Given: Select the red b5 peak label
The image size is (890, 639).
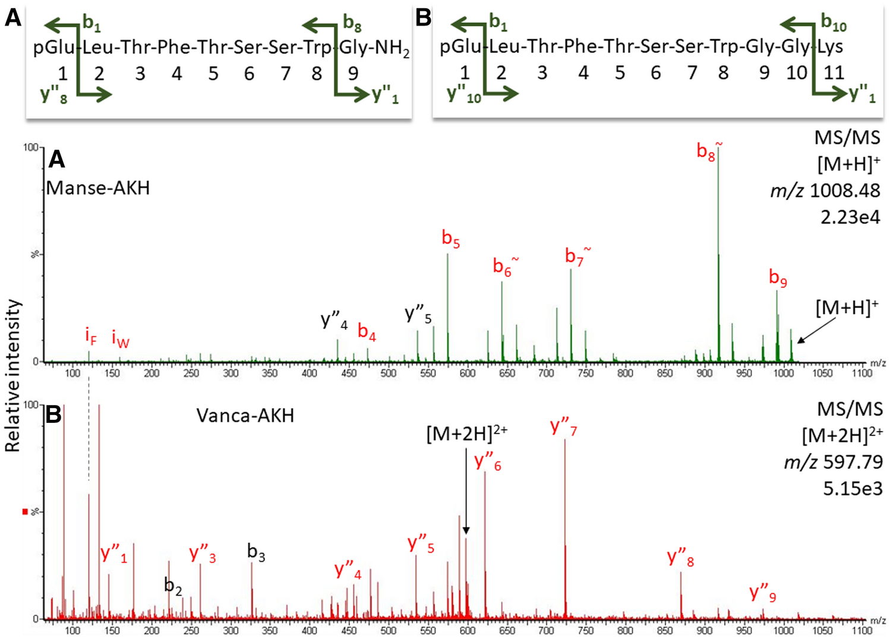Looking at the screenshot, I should click(x=450, y=239).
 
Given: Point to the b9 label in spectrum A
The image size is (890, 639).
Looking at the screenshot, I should click(x=778, y=277).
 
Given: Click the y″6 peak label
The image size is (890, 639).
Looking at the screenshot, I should click(x=488, y=461).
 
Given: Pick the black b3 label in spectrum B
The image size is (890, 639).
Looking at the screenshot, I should click(x=255, y=552).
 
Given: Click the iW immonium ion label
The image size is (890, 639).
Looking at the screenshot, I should click(x=120, y=340).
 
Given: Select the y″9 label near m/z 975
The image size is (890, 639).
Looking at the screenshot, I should click(x=762, y=593).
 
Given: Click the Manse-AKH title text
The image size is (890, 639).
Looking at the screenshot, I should click(x=98, y=188).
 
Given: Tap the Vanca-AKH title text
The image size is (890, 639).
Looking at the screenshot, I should click(x=245, y=416).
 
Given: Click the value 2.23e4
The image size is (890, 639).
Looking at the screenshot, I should click(x=850, y=217).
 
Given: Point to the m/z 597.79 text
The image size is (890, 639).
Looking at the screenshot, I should click(x=833, y=462).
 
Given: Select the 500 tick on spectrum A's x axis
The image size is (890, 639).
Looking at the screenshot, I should click(x=388, y=374).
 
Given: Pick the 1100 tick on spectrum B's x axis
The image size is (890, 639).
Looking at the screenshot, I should click(x=861, y=631).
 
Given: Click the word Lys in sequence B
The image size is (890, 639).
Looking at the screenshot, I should click(x=830, y=47).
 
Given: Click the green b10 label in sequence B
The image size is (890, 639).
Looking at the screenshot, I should click(x=833, y=23).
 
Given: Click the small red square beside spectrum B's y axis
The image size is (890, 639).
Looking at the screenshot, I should click(x=25, y=511).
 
